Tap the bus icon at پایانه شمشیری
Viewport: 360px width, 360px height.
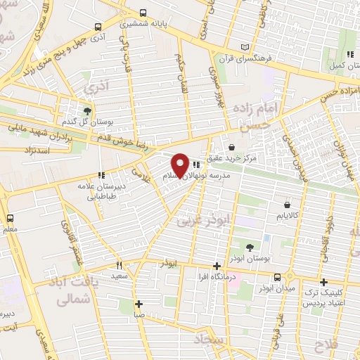click(143, 13)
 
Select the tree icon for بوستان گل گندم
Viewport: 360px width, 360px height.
click(87, 110)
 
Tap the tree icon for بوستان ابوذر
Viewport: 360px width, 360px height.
click(251, 247)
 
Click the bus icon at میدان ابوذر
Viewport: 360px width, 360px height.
click(278, 277)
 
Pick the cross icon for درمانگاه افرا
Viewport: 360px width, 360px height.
click(217, 266)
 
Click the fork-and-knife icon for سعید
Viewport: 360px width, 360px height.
click(119, 264)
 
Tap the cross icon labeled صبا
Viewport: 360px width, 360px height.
click(139, 304)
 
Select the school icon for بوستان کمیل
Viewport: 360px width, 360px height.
click(349, 55)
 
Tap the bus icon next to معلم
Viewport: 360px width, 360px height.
click(9, 218)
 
